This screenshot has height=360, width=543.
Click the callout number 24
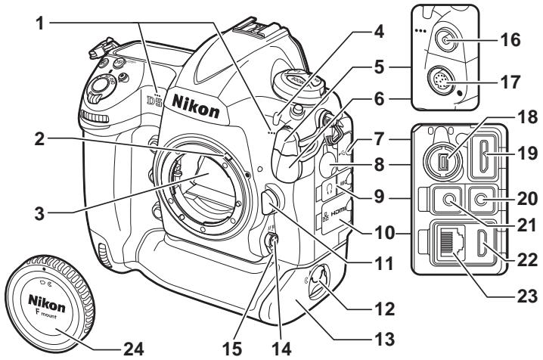click(x=133, y=349)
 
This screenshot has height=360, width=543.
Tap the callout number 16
click(x=510, y=40)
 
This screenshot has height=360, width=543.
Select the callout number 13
click(x=385, y=340)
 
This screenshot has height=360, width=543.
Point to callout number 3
click(x=39, y=213)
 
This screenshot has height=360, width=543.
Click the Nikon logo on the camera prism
click(x=196, y=106)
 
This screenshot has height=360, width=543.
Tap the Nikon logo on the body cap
click(x=46, y=303)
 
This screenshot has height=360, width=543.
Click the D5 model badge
click(x=155, y=101)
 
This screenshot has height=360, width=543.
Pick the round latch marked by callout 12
click(x=318, y=281)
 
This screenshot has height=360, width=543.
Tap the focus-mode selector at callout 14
click(x=271, y=240)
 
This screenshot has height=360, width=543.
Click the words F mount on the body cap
click(x=45, y=315)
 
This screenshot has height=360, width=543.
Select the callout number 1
click(x=41, y=23)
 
